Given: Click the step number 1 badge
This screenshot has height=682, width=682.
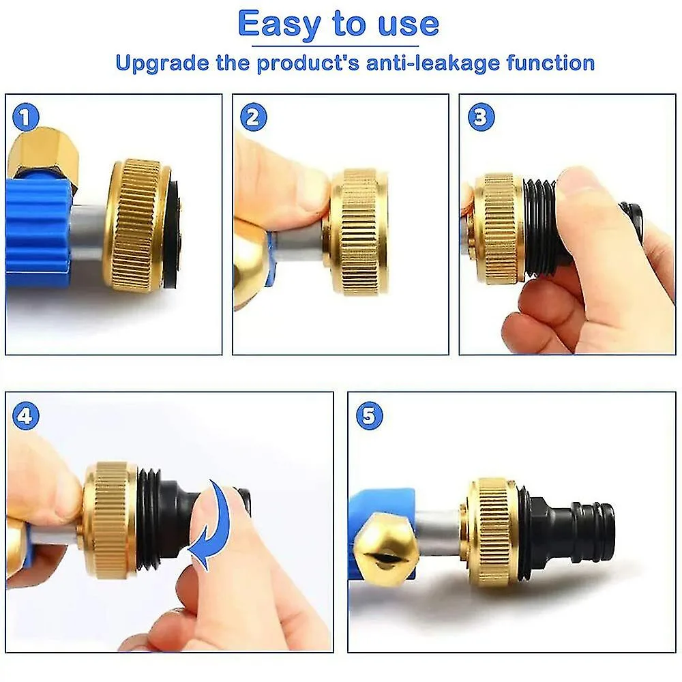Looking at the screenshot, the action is [26, 117].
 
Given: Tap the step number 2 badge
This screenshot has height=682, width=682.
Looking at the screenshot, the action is [253, 117].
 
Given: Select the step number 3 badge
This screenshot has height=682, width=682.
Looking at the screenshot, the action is [481, 117].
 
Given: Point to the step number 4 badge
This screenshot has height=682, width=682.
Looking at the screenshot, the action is [26, 416].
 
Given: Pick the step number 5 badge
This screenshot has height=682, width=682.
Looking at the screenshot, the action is [369, 416].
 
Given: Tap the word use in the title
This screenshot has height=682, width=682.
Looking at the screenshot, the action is [409, 26].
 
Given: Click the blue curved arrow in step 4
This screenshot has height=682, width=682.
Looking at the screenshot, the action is [212, 525].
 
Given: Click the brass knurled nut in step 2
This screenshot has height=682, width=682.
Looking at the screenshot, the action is [358, 233].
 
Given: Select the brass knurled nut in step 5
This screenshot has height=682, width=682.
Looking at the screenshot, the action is [492, 532].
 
